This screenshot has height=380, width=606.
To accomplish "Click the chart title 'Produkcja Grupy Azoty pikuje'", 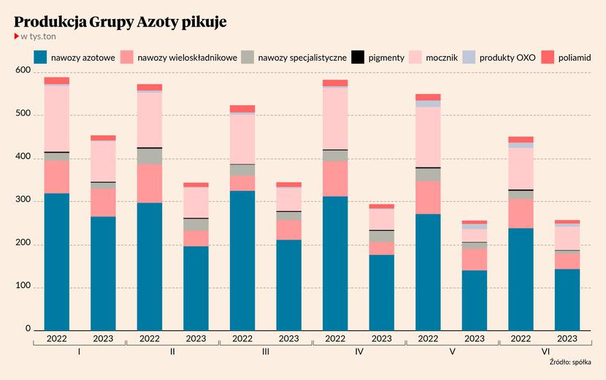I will coord(120,22).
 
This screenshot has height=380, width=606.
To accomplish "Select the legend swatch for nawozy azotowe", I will coord(40,56).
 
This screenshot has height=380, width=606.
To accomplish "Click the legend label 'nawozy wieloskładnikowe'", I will coord(187,57).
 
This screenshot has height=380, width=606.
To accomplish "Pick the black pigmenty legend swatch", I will coord(358,56).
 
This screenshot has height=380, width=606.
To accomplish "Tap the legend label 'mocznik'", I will coord(442,57).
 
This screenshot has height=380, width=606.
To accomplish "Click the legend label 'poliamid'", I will coord(575,57).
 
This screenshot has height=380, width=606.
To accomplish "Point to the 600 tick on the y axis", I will coord(22,72).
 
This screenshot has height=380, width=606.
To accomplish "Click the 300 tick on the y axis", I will coord(22,201).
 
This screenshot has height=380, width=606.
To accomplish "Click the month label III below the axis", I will coord(265,352).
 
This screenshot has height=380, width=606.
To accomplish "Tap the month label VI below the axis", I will coord(544,352).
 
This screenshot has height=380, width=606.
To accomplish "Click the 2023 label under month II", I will coord(196,338).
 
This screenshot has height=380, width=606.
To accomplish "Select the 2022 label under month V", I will coord(428,338).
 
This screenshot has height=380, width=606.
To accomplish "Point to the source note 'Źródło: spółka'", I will coord(570,362).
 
